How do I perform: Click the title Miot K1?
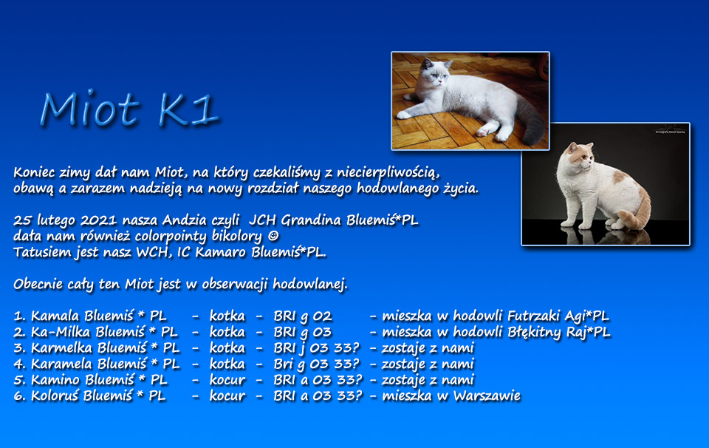(x=130, y=109)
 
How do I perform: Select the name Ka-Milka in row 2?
(x=61, y=332)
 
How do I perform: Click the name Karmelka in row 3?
(x=62, y=347)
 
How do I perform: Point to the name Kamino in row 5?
(x=56, y=380)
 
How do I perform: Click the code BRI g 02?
(x=303, y=316)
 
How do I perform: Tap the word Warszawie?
(x=487, y=396)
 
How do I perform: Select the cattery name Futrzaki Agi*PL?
(x=558, y=316)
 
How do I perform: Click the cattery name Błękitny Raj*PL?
(x=559, y=332)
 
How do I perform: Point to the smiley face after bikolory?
(x=273, y=236)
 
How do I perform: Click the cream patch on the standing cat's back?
(x=620, y=176)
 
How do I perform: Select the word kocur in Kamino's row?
(x=227, y=380)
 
